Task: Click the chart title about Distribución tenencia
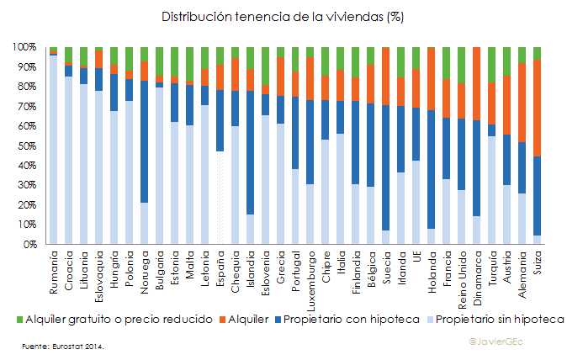tap(283, 16)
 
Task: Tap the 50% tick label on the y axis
tap(27, 146)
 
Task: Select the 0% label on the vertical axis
tap(29, 245)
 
